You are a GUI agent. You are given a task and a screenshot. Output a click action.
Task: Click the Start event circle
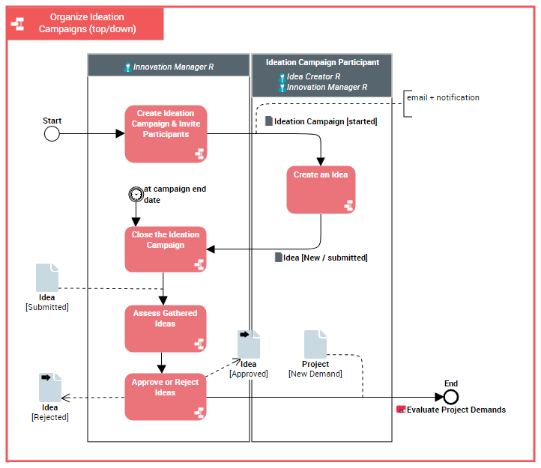click(x=52, y=134)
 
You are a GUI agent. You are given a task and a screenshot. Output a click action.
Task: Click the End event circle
click(x=450, y=397)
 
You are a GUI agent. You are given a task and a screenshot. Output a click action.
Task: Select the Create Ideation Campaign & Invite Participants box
click(x=166, y=133)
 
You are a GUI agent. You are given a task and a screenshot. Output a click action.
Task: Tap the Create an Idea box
click(x=321, y=189)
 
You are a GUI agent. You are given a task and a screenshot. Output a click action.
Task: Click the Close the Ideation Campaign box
click(x=166, y=249)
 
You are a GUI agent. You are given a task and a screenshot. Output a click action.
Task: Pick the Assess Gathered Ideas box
click(x=166, y=328)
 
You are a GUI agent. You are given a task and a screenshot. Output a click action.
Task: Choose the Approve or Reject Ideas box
click(x=166, y=397)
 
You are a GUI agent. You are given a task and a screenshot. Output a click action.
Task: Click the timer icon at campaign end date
click(x=136, y=194)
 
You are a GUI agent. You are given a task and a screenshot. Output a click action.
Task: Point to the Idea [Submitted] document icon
click(x=47, y=278)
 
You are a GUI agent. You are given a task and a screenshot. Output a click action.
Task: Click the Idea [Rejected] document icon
click(x=50, y=387)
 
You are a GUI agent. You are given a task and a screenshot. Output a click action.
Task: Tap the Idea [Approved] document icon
click(x=249, y=344)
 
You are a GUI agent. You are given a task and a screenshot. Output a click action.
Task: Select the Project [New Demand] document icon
click(x=315, y=344)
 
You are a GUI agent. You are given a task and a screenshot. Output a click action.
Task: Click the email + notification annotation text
click(x=443, y=97)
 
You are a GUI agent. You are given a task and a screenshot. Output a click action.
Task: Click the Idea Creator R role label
click(x=313, y=76)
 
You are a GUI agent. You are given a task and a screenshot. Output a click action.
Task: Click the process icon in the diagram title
click(x=18, y=24)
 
